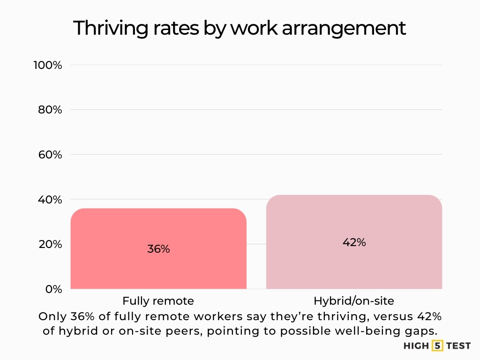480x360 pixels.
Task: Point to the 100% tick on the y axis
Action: [47, 65]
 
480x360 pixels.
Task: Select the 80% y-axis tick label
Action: [50, 110]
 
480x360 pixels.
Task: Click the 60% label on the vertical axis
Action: [50, 155]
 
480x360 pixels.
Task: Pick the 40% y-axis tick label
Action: [50, 200]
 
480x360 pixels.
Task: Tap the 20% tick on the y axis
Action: [50, 244]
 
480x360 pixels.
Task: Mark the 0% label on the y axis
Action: [53, 289]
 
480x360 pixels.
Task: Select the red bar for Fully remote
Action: [158, 272]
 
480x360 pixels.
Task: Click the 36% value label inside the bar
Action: [158, 249]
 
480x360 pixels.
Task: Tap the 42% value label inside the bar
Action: [354, 242]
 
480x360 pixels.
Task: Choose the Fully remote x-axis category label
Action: [158, 301]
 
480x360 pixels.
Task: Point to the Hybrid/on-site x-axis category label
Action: [354, 301]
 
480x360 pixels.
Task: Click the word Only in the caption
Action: [50, 316]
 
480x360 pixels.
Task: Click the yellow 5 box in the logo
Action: [437, 346]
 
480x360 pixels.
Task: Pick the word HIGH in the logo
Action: [416, 346]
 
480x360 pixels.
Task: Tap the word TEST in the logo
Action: [458, 346]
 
